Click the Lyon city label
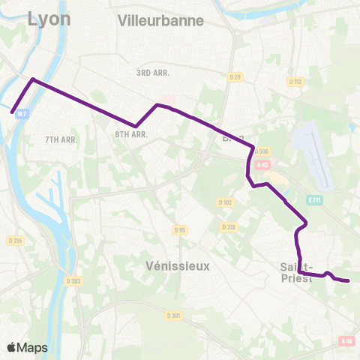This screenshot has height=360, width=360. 49,19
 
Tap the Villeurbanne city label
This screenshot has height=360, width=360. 160,21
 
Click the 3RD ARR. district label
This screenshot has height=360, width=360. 154,73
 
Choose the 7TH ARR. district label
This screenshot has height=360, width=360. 61,139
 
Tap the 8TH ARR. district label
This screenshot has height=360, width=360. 130,134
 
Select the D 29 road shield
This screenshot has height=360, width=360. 234,77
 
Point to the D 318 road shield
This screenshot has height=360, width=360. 229,226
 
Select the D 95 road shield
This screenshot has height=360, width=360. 179,229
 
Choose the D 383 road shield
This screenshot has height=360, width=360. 73,280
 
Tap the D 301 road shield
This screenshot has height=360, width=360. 174,315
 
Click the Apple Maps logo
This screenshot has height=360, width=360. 27,347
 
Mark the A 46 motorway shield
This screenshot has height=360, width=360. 346,341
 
